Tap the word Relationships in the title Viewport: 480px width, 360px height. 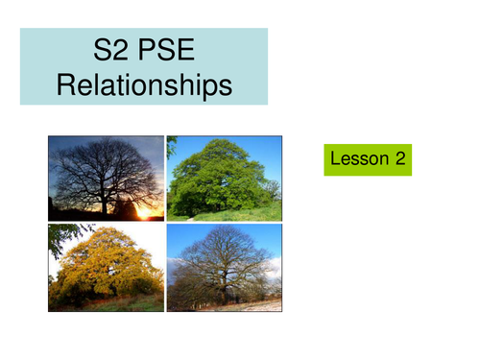(x=144, y=85)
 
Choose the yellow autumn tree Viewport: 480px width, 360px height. (x=106, y=264)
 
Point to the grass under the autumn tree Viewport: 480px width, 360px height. (x=106, y=305)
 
